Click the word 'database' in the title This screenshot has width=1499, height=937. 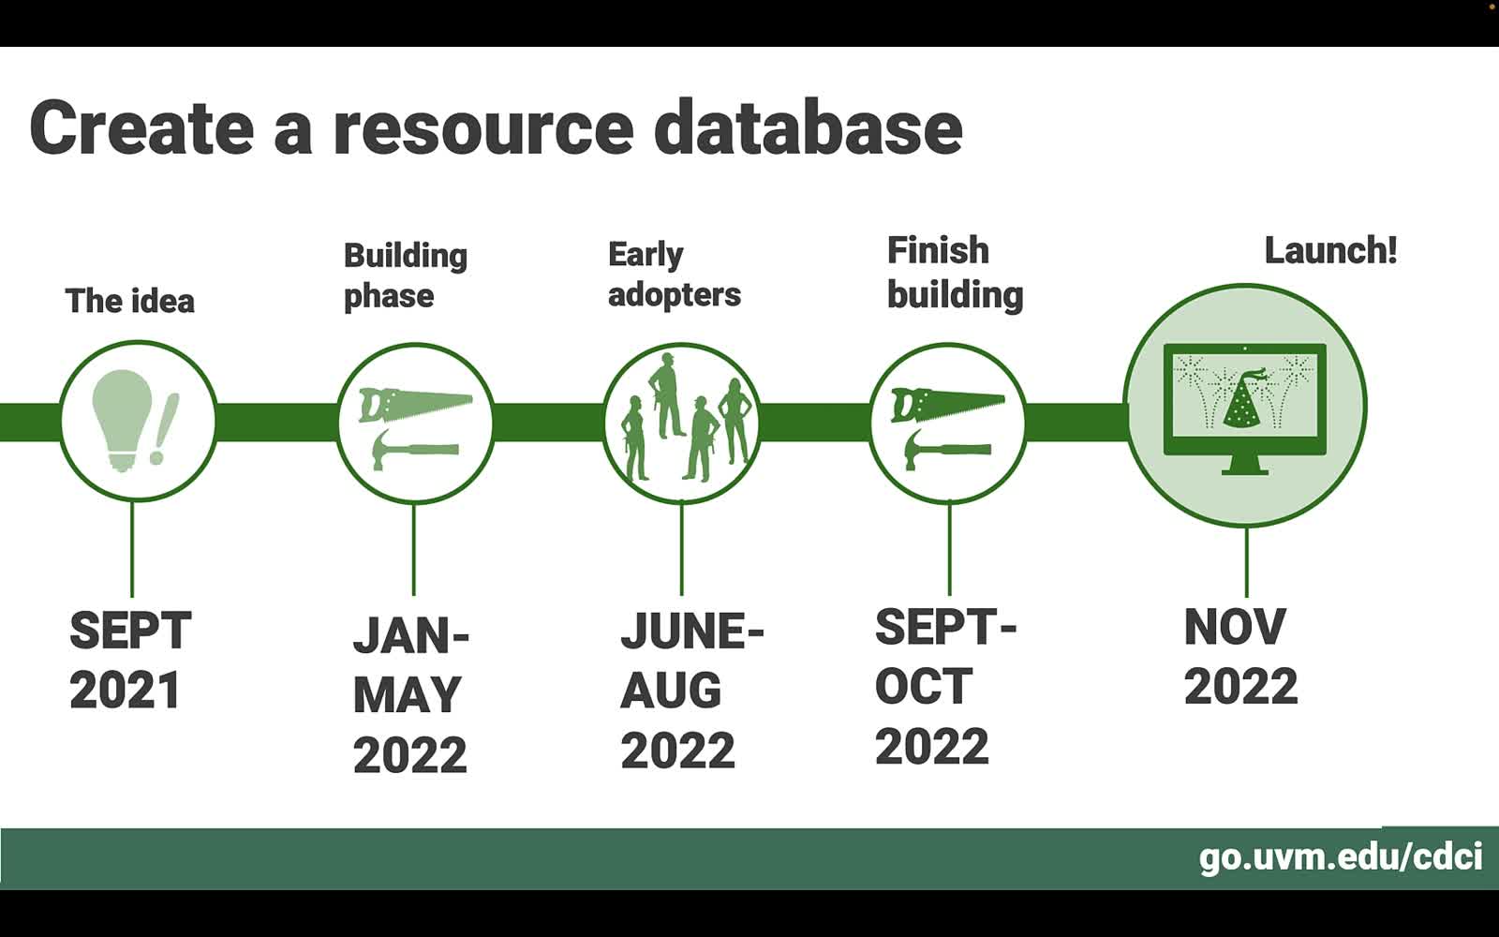click(808, 127)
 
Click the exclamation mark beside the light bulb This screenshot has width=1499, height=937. click(165, 427)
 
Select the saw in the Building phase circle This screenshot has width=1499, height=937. click(416, 404)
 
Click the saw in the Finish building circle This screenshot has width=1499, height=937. click(947, 404)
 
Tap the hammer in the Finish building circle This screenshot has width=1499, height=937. click(947, 449)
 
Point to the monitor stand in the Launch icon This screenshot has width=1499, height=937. click(1245, 465)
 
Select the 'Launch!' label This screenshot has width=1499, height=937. click(1330, 250)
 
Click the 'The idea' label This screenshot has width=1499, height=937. click(130, 301)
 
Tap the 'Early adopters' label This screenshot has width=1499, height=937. click(674, 275)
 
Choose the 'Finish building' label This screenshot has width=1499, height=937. click(955, 273)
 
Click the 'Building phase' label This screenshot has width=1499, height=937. click(406, 275)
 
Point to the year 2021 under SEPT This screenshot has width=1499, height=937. click(126, 690)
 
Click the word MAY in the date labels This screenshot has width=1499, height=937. click(407, 695)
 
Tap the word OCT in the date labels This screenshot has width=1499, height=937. click(924, 686)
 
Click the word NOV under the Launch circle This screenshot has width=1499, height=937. click(1235, 627)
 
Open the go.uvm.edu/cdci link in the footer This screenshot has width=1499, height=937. click(1341, 857)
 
